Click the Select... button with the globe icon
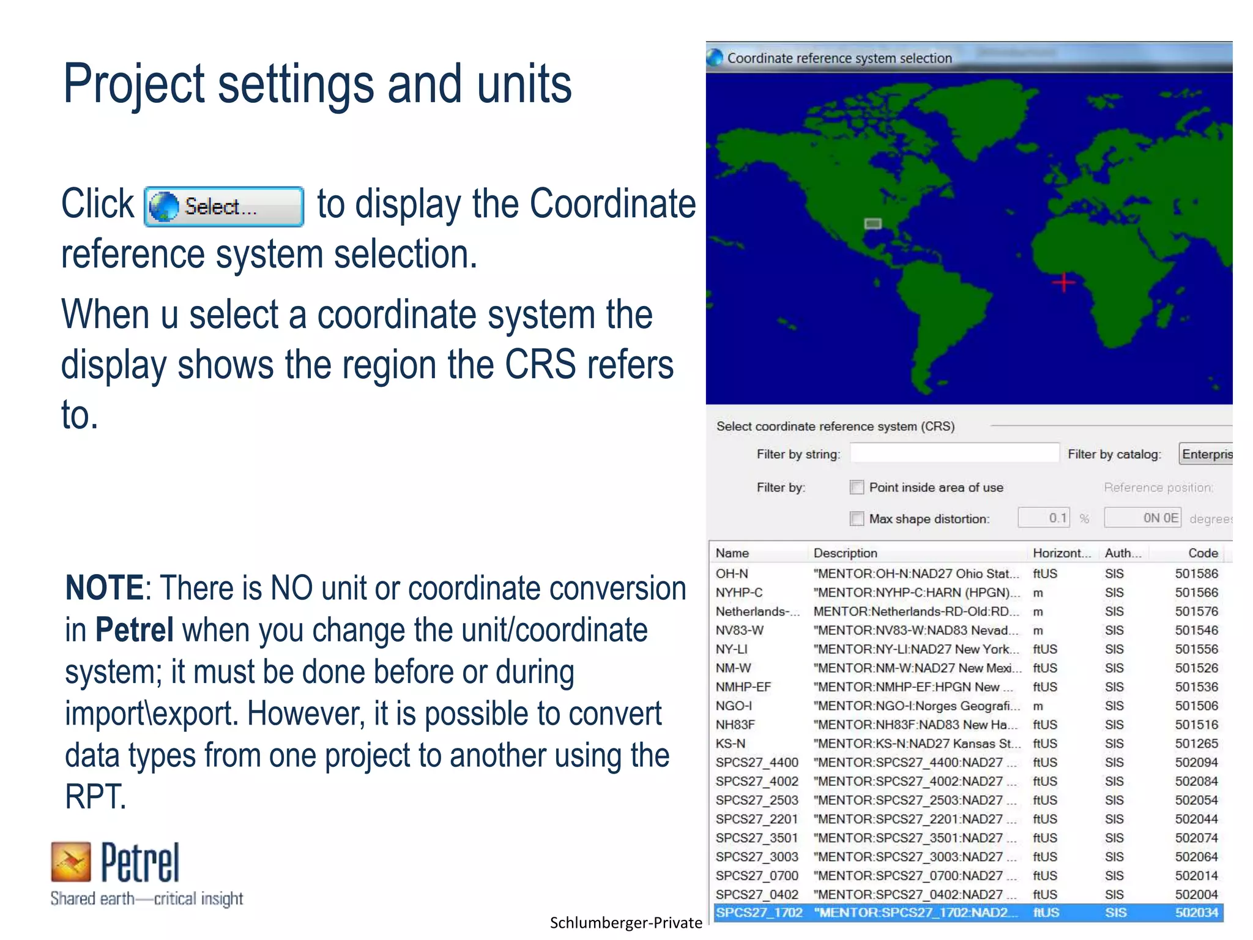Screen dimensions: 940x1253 pos(224,207)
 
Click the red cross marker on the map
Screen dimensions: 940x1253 pos(1063,282)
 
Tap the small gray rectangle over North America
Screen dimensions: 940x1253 pos(872,224)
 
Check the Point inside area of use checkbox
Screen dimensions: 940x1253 pos(857,487)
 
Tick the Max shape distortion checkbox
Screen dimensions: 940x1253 pos(857,518)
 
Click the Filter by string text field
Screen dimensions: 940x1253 pos(954,453)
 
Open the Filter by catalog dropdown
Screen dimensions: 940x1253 pos(1205,454)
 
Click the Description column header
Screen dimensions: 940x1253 pos(845,553)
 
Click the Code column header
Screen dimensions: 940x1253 pos(1202,553)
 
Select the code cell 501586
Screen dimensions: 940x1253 pos(1196,573)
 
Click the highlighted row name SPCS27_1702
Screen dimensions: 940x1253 pos(759,912)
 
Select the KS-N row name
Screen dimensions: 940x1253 pos(731,744)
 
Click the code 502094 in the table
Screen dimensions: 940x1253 pos(1196,763)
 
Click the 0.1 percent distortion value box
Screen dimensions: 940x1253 pos(1044,518)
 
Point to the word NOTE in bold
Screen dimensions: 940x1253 pos(104,588)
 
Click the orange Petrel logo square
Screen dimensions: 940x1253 pos(71,862)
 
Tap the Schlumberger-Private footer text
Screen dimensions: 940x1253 pos(625,923)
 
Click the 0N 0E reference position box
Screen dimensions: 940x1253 pos(1142,518)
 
